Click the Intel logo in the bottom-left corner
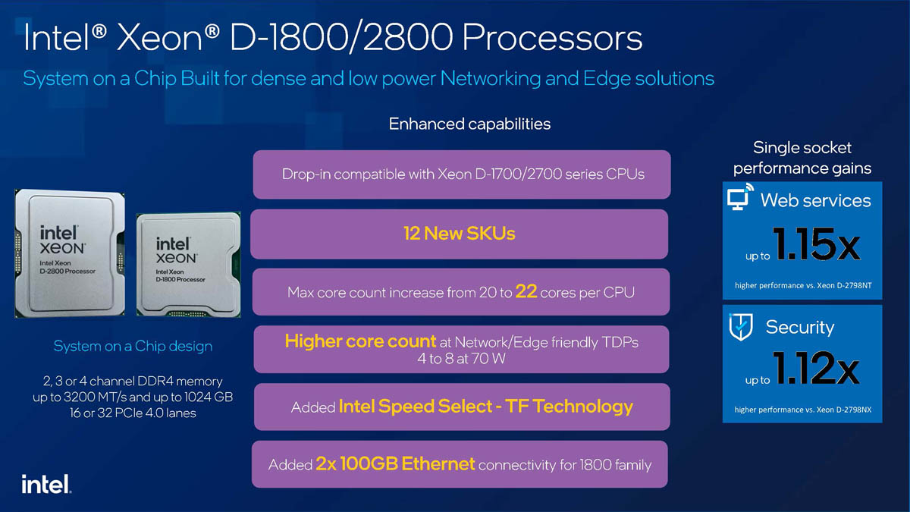46,484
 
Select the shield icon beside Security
740,326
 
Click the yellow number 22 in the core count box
526,291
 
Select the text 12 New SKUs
459,234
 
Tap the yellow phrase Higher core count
360,341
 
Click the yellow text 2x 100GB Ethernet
395,463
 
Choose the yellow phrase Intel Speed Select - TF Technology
485,407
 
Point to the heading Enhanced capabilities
469,123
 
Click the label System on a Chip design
133,346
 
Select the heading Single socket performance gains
802,158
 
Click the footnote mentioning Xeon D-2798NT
802,285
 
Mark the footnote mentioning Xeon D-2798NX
802,410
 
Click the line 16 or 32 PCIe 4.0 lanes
133,413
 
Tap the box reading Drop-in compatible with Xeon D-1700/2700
462,174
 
